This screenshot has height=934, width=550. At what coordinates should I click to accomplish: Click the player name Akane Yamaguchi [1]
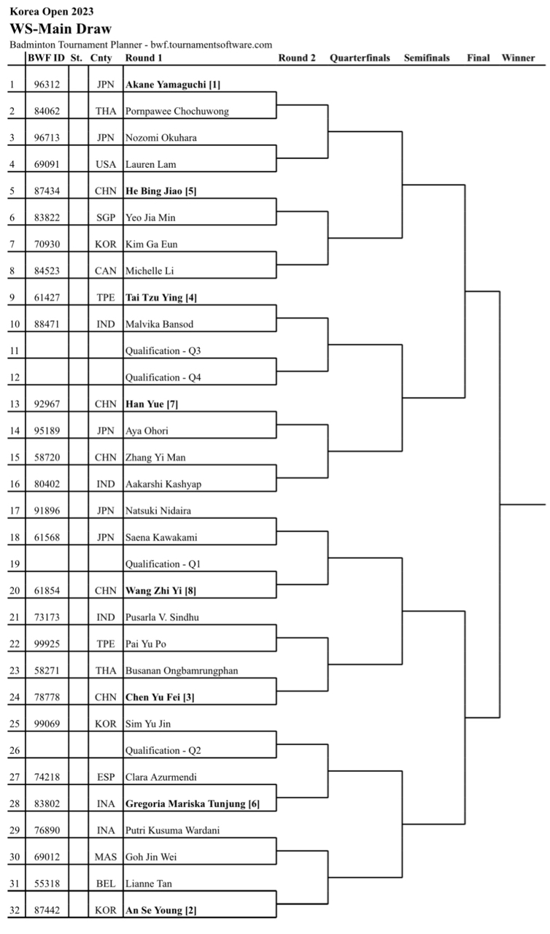(173, 85)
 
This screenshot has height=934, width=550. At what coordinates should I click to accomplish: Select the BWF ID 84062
(47, 112)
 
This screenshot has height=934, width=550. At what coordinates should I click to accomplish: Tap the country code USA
(106, 164)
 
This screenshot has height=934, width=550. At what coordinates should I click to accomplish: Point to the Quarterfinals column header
(360, 58)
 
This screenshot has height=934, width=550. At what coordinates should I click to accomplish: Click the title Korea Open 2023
(52, 11)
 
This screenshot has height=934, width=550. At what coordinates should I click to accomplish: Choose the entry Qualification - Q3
(163, 351)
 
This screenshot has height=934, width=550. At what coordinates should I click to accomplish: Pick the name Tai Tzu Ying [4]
(160, 298)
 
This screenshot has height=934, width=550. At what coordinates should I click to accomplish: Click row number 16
(15, 484)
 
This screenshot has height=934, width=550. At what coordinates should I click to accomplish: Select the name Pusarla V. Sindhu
(162, 617)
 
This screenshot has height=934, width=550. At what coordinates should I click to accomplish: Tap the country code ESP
(106, 777)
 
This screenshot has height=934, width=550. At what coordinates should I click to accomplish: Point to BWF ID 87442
(47, 910)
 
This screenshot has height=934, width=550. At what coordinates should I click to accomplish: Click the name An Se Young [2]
(160, 910)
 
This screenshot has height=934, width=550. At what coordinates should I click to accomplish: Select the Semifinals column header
(427, 58)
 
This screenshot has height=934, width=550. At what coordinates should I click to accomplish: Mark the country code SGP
(106, 217)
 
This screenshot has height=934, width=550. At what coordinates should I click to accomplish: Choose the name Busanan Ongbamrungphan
(182, 671)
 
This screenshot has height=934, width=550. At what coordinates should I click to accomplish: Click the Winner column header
(518, 58)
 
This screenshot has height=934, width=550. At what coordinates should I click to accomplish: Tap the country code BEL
(106, 884)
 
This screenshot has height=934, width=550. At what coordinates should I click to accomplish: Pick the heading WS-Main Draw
(61, 28)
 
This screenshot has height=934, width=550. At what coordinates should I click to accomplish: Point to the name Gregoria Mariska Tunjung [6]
(193, 803)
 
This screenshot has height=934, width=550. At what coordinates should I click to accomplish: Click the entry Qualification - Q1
(163, 564)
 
